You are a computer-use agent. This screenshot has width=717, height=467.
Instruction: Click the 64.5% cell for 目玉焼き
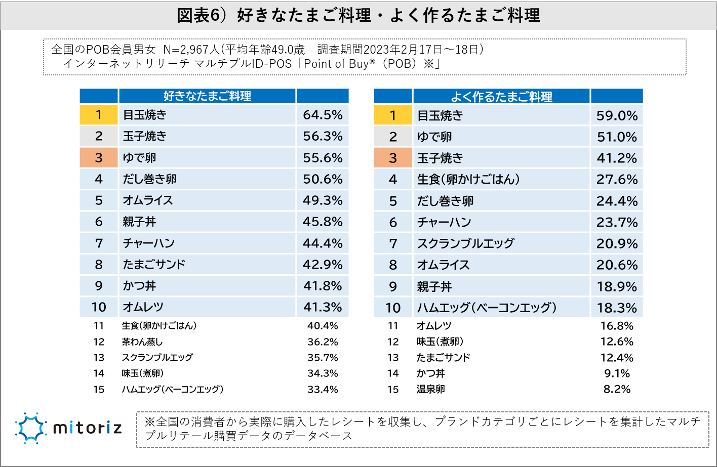[323, 115]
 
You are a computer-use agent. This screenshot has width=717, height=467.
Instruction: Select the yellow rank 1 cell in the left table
[99, 115]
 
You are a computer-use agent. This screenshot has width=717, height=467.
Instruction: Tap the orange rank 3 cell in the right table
[393, 158]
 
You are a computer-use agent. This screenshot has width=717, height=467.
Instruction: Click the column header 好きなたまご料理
[207, 96]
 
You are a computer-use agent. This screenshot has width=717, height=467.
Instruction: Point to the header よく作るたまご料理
[501, 96]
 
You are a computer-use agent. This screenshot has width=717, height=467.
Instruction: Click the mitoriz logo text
[88, 429]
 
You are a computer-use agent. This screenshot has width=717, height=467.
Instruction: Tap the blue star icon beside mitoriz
[31, 428]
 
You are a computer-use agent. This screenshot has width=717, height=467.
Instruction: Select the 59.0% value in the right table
[617, 115]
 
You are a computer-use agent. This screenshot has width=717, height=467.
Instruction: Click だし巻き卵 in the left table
[150, 179]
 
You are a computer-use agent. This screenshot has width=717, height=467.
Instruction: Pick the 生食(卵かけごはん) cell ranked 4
[468, 179]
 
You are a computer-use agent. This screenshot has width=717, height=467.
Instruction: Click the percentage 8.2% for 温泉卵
[617, 389]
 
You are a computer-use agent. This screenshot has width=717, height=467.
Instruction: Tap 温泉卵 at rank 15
[431, 389]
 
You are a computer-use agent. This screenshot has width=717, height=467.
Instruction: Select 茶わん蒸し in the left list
[142, 342]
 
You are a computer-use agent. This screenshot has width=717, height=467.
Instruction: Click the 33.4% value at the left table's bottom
[323, 390]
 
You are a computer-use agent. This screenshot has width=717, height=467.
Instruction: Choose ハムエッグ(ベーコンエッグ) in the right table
[487, 308]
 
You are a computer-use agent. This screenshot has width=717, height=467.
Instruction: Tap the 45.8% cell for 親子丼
[323, 222]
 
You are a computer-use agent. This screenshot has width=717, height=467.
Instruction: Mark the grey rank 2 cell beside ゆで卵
[393, 137]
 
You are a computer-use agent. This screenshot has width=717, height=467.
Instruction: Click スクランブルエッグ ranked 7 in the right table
[465, 243]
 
